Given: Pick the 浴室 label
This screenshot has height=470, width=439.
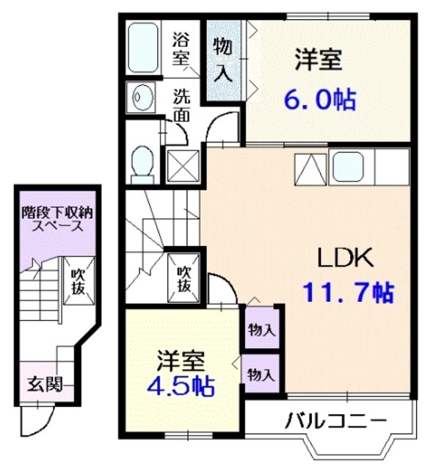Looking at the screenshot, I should [x=182, y=48].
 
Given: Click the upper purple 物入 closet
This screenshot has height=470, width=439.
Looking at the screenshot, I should [x=261, y=330].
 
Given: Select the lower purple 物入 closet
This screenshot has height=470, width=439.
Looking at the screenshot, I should [x=261, y=375].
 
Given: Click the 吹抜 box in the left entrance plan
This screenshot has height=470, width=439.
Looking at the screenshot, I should [x=76, y=281].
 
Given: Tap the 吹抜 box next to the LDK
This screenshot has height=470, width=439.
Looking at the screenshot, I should [x=183, y=278].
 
